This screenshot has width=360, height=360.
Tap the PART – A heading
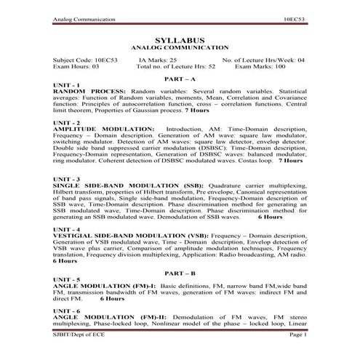click(x=180, y=78)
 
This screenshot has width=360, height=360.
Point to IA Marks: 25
click(x=158, y=60)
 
